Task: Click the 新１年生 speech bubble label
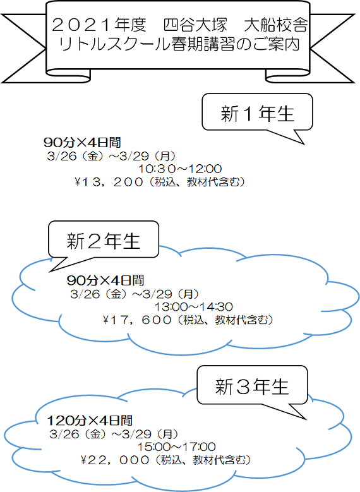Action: pos(257,113)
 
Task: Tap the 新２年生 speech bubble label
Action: pos(103,241)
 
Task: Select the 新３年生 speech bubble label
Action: pos(252,387)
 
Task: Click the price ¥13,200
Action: pos(109,182)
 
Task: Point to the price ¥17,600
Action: pos(137,320)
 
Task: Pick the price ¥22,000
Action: pos(115,460)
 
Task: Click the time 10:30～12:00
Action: pos(180,169)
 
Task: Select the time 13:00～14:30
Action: pos(194,306)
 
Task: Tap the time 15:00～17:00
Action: pos(176,447)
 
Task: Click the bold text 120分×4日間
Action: pos(90,420)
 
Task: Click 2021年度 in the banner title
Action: pos(99,25)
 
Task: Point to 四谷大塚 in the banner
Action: pos(195,25)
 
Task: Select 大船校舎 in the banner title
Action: pos(275,25)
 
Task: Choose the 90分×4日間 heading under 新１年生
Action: pos(82,143)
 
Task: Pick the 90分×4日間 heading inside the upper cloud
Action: pos(105,280)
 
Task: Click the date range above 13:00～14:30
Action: pos(135,294)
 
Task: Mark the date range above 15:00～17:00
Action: pos(114,434)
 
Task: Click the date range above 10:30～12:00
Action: pos(111,155)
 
